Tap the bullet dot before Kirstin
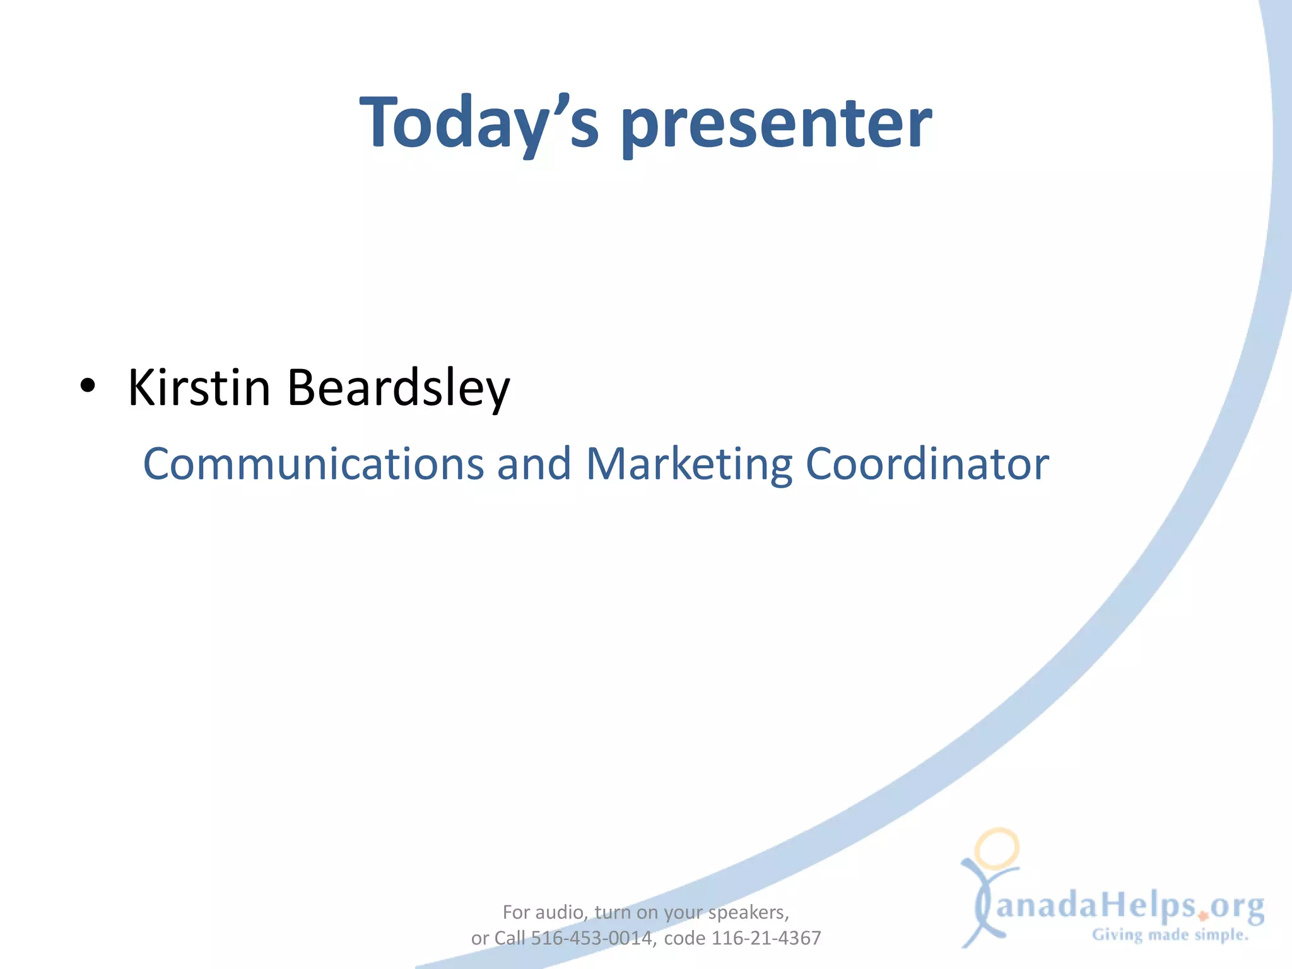(x=88, y=385)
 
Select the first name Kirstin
(x=199, y=387)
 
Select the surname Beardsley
(x=398, y=387)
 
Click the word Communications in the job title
(x=313, y=464)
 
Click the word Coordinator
(x=927, y=464)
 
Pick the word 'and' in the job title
(x=534, y=464)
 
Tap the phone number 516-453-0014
(x=591, y=939)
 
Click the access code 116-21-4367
(x=766, y=939)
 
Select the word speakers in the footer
(x=748, y=913)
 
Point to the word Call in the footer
(x=509, y=939)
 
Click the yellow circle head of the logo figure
(x=997, y=849)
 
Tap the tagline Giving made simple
(x=1170, y=935)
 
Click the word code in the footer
(x=684, y=939)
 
